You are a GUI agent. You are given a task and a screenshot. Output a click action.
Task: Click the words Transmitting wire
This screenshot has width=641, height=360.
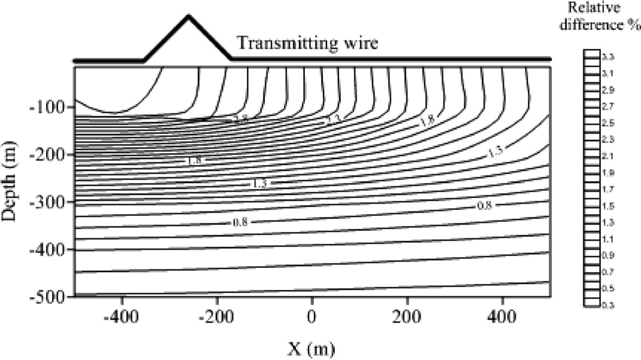pos(307,43)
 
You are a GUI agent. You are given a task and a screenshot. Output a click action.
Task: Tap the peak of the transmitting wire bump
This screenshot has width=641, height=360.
pos(188,17)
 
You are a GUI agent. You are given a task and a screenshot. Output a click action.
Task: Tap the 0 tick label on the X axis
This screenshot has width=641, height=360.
pos(311,316)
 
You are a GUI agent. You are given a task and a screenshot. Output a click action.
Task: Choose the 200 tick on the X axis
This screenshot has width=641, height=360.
pos(407,316)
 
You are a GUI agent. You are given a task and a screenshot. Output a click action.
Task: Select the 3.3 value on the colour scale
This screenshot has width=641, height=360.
pos(607,57)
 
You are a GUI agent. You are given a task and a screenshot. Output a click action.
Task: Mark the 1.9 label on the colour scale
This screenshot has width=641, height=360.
pos(607,173)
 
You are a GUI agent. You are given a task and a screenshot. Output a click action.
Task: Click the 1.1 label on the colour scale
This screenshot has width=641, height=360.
pos(607,239)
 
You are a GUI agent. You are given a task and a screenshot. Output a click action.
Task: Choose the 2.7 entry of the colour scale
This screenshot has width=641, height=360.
pos(607,106)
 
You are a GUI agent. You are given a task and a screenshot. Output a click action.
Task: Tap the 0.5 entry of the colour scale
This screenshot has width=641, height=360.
pos(607,288)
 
